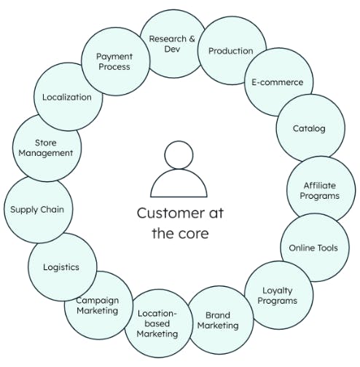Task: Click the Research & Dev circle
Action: click(x=173, y=44)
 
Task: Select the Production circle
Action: click(x=232, y=50)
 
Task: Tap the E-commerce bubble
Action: click(x=278, y=82)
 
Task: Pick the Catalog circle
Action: click(x=310, y=128)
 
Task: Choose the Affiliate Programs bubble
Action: click(x=321, y=191)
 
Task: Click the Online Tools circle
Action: click(x=315, y=248)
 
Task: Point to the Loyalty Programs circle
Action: click(x=278, y=295)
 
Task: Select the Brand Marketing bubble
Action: click(x=219, y=320)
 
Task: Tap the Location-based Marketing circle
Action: click(x=159, y=323)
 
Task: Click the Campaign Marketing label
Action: click(x=98, y=305)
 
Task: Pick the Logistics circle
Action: click(x=63, y=267)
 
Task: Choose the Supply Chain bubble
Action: click(x=38, y=209)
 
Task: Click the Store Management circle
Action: click(x=47, y=147)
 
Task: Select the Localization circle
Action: click(x=68, y=97)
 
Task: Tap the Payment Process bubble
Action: click(x=115, y=61)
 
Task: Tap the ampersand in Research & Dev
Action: click(x=192, y=39)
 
